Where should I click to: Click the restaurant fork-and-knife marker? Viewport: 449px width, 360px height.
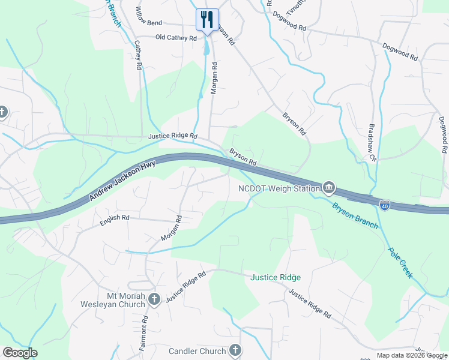(x=207, y=19)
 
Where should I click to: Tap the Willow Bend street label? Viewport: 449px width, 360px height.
(x=149, y=17)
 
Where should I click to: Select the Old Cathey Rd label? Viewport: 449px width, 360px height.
(x=176, y=38)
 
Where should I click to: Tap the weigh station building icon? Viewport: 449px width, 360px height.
(x=328, y=188)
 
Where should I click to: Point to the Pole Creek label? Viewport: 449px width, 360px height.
(x=400, y=262)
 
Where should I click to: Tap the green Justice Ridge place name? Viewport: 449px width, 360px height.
(x=275, y=278)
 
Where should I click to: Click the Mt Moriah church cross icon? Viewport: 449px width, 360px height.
(x=154, y=299)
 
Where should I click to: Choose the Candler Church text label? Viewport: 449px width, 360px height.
(x=197, y=351)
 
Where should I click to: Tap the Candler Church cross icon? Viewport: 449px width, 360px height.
(x=235, y=350)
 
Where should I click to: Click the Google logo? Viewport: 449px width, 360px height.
(x=20, y=353)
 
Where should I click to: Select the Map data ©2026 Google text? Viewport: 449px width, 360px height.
(x=412, y=355)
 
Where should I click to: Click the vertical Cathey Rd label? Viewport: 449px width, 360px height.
(x=139, y=55)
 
